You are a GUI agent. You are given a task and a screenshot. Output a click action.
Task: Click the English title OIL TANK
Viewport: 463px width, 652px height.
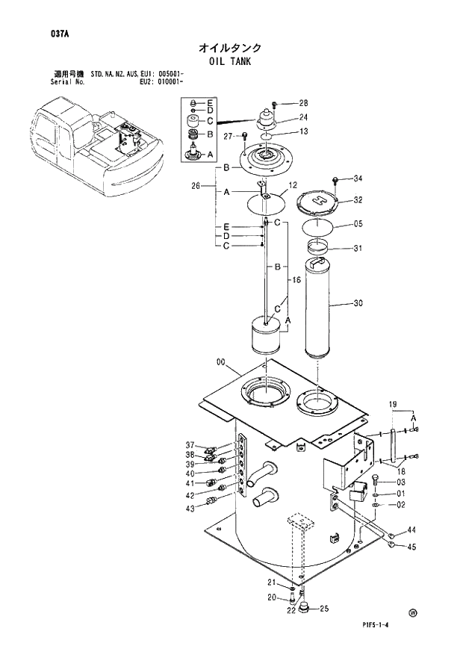click(x=230, y=61)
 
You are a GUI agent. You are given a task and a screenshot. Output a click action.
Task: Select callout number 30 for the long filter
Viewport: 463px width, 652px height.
click(x=358, y=303)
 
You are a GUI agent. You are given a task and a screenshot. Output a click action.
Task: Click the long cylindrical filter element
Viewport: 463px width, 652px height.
click(x=318, y=307)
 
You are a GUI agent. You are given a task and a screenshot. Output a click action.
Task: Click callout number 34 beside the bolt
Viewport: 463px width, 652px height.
click(x=358, y=178)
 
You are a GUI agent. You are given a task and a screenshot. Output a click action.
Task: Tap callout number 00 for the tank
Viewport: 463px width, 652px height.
click(x=221, y=362)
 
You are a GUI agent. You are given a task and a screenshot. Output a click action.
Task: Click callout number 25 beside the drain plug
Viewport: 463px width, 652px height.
click(x=324, y=609)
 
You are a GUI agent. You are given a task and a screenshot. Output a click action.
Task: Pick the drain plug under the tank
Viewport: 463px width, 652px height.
click(x=306, y=606)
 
